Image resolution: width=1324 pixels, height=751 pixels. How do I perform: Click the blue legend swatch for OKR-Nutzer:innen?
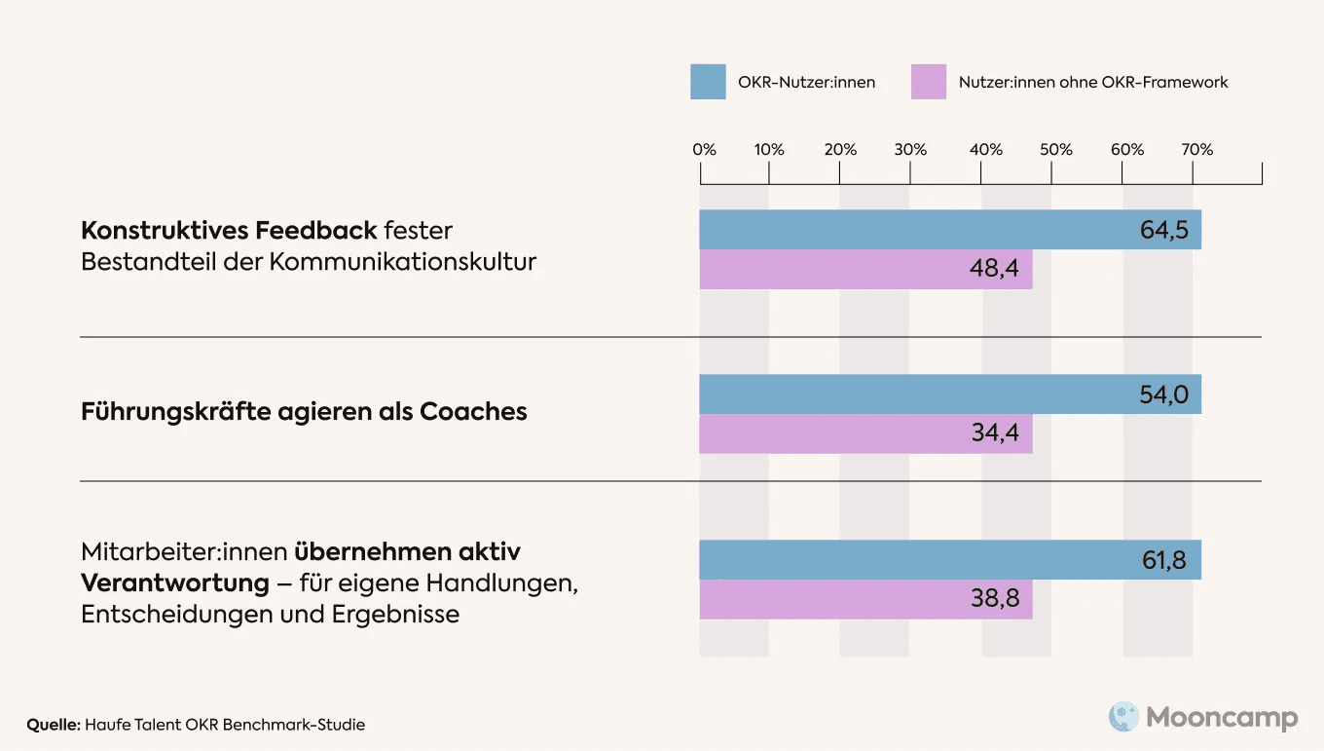708,82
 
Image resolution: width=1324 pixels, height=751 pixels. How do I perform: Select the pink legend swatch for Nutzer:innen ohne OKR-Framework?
928,82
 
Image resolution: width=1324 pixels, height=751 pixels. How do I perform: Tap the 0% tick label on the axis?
704,150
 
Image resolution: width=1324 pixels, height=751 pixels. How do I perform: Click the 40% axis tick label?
985,150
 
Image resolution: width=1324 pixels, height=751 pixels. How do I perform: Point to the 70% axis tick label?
1197,150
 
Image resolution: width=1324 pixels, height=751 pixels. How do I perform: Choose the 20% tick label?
840,150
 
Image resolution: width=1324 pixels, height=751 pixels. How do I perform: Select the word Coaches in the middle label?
473,412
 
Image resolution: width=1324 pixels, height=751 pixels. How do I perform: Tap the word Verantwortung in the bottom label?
174,583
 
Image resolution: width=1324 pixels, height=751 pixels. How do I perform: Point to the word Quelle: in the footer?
54,725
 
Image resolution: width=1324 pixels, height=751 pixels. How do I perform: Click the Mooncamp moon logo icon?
1123,718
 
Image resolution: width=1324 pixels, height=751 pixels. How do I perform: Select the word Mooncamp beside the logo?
1222,719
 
